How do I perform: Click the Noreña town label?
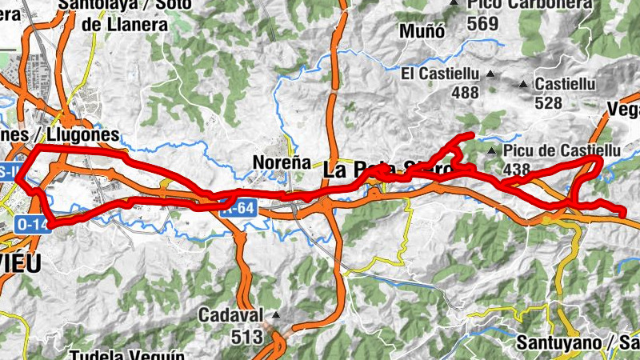281,162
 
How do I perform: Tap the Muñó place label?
425,33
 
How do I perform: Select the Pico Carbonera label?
512,5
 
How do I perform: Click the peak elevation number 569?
483,24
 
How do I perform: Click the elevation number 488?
466,93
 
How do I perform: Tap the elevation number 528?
549,103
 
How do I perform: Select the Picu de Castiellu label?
562,150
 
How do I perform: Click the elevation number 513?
247,338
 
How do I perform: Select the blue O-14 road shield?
33,225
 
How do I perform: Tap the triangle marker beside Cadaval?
277,314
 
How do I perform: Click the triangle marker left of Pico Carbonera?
454,5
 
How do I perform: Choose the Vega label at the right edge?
624,109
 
